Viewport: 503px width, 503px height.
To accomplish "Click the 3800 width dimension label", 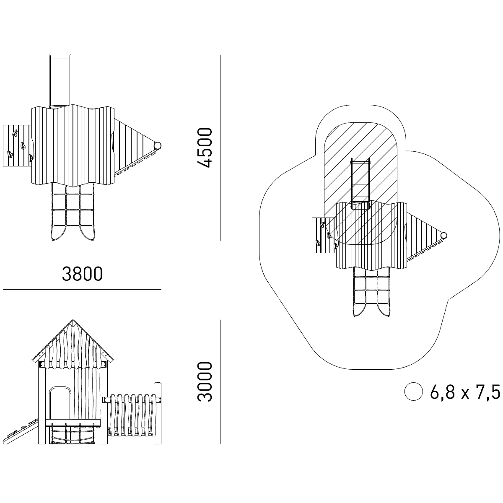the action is [82, 274].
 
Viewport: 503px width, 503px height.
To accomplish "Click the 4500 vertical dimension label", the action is [205, 148].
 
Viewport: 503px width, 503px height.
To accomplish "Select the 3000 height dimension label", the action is [205, 381].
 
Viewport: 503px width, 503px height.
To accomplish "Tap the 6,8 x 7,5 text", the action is [465, 392].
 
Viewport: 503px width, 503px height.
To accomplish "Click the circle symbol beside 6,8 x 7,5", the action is [413, 392].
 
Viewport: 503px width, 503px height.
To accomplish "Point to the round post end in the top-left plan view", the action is [158, 145].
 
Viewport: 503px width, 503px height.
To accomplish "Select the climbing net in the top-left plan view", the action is [72, 212].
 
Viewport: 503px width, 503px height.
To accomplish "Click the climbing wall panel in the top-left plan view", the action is [17, 145].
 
